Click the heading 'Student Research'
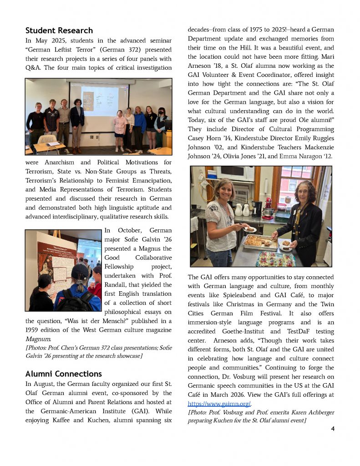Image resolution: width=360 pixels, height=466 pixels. pos(59,30)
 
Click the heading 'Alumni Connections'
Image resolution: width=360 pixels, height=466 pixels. pos(63,374)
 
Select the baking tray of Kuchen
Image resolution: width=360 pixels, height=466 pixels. pos(260,242)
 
